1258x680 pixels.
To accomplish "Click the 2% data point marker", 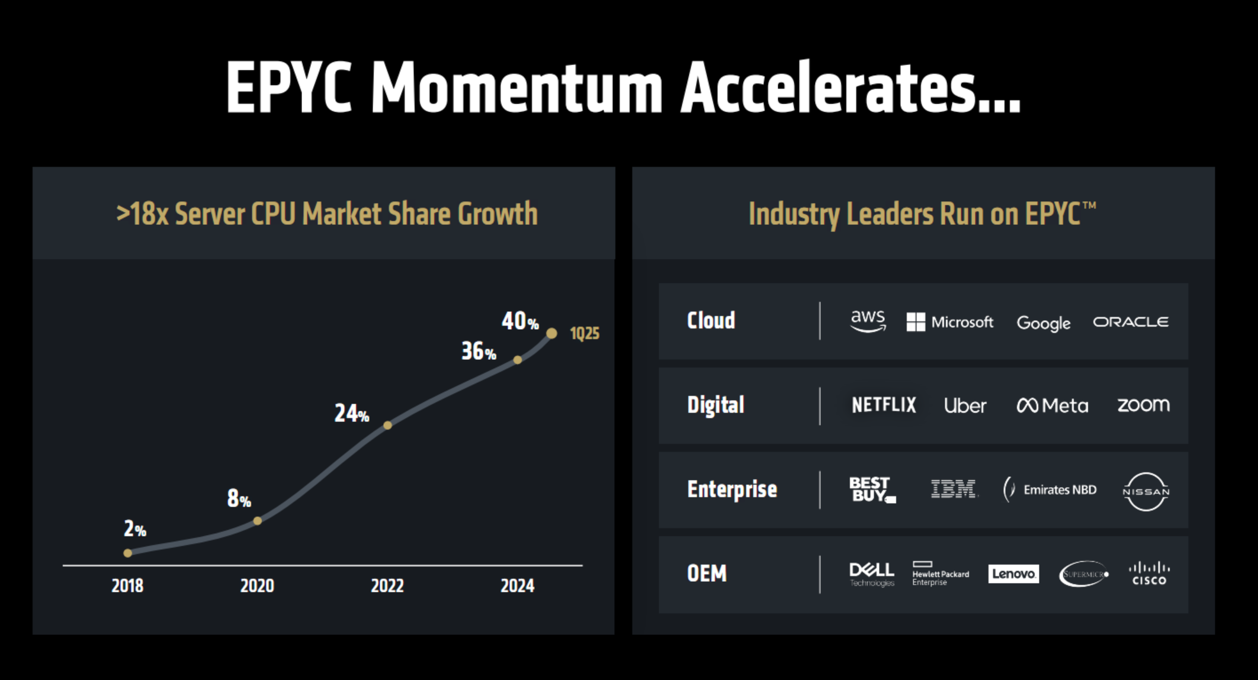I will (x=128, y=553).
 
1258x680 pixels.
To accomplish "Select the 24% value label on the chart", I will (x=351, y=413).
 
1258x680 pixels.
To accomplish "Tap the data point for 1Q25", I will (x=551, y=333).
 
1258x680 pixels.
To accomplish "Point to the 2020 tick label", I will (x=257, y=585).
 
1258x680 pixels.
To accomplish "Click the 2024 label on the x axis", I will (x=517, y=585).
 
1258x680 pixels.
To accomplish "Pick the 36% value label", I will (x=479, y=352).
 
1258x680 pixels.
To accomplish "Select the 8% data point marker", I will (x=258, y=521).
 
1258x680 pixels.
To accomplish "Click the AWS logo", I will (x=868, y=321).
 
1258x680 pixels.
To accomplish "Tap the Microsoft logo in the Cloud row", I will (x=950, y=322).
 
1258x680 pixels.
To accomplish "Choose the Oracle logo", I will (x=1131, y=322).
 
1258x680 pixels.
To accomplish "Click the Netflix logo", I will (x=884, y=405).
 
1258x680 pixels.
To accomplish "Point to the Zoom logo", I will (x=1143, y=405).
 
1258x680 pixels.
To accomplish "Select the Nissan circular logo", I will (x=1145, y=491).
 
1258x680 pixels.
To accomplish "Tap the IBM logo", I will (x=954, y=489).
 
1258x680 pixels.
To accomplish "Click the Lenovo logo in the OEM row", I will (x=1013, y=573).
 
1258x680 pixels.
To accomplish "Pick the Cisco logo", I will (x=1149, y=573).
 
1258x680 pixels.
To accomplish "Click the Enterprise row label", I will (x=732, y=489).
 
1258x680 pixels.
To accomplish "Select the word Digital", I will (x=715, y=405).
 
